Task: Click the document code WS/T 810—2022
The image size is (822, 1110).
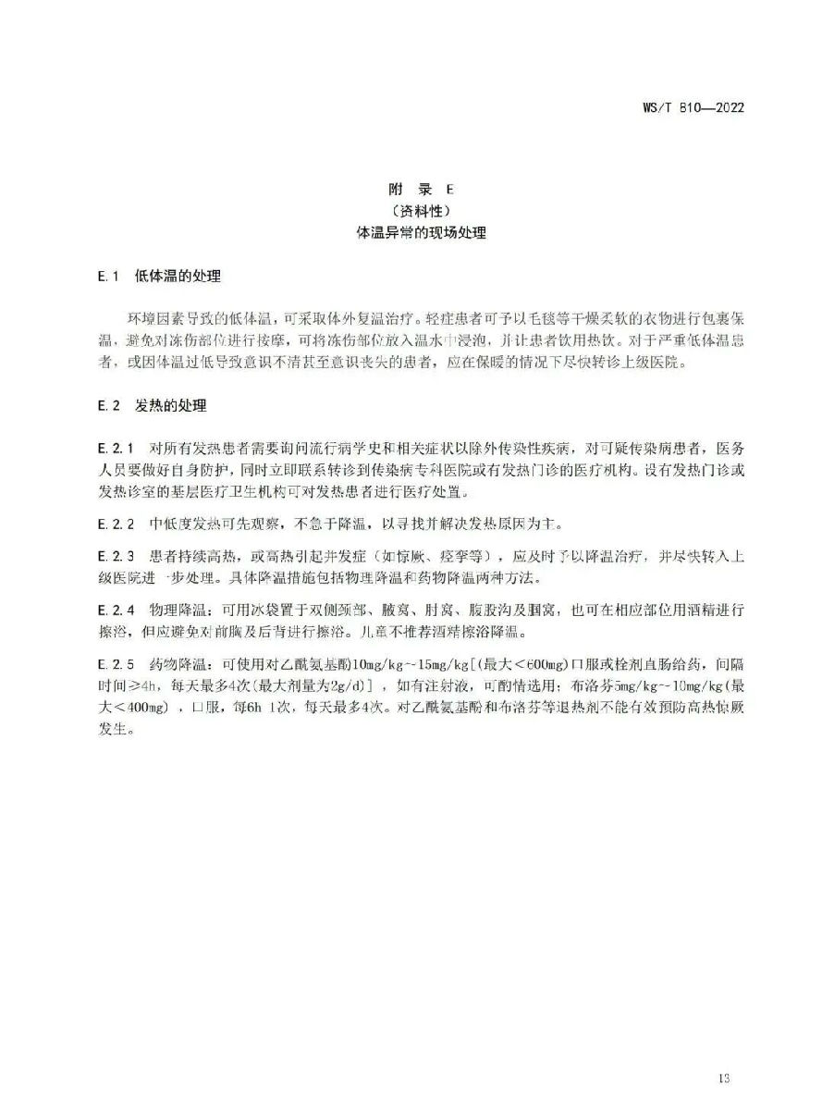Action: (x=693, y=107)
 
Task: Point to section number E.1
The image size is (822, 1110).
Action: (x=109, y=276)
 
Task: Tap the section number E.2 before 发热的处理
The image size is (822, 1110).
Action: (x=109, y=405)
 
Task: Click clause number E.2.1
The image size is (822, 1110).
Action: (x=117, y=449)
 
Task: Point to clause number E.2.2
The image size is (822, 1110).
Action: (x=117, y=524)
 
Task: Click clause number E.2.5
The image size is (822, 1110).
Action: (x=117, y=665)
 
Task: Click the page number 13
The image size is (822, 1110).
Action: (x=723, y=1078)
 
